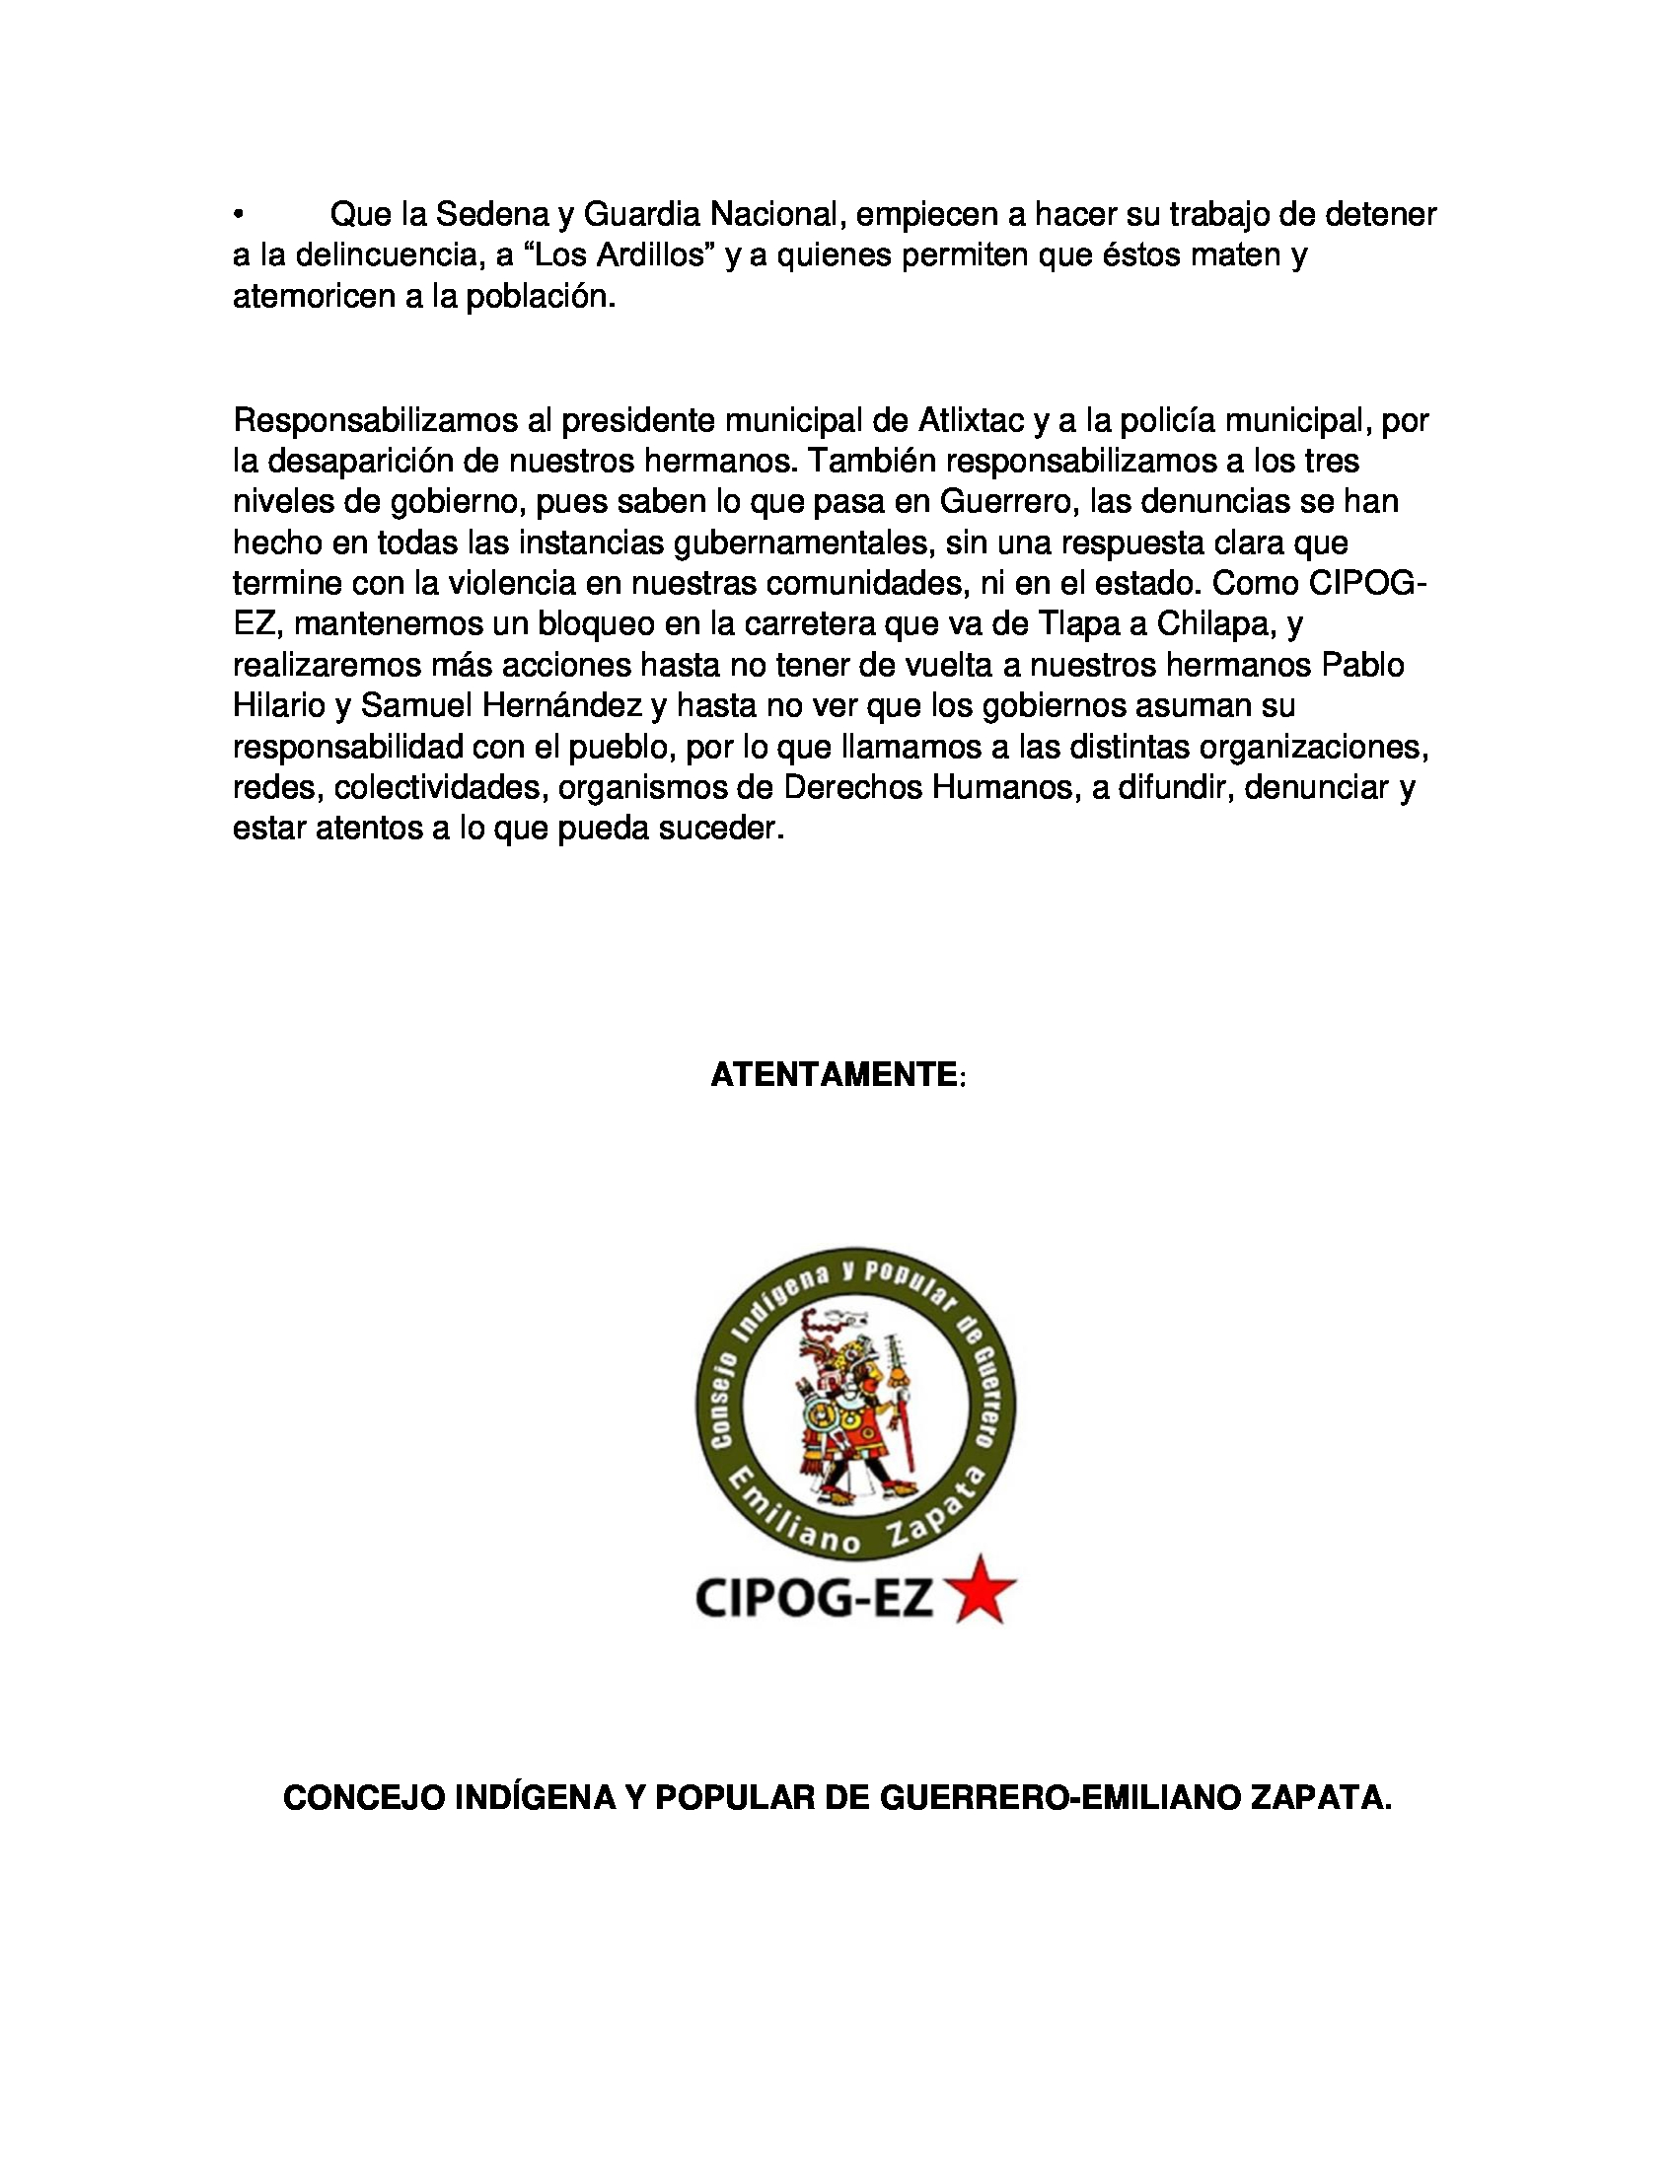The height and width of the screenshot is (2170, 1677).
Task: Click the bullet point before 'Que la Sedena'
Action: tap(239, 215)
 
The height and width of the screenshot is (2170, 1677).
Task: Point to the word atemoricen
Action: tap(314, 297)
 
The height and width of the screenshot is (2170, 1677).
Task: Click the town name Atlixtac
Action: tap(971, 421)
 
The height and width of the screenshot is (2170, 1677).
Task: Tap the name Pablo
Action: tap(1362, 666)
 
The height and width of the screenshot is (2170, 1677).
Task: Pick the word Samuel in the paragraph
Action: tap(415, 706)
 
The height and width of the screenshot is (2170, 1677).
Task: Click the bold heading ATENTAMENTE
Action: tap(834, 1075)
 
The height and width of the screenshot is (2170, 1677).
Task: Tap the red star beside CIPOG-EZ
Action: tap(984, 1590)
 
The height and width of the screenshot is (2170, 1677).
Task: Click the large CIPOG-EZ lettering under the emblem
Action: tap(815, 1598)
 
